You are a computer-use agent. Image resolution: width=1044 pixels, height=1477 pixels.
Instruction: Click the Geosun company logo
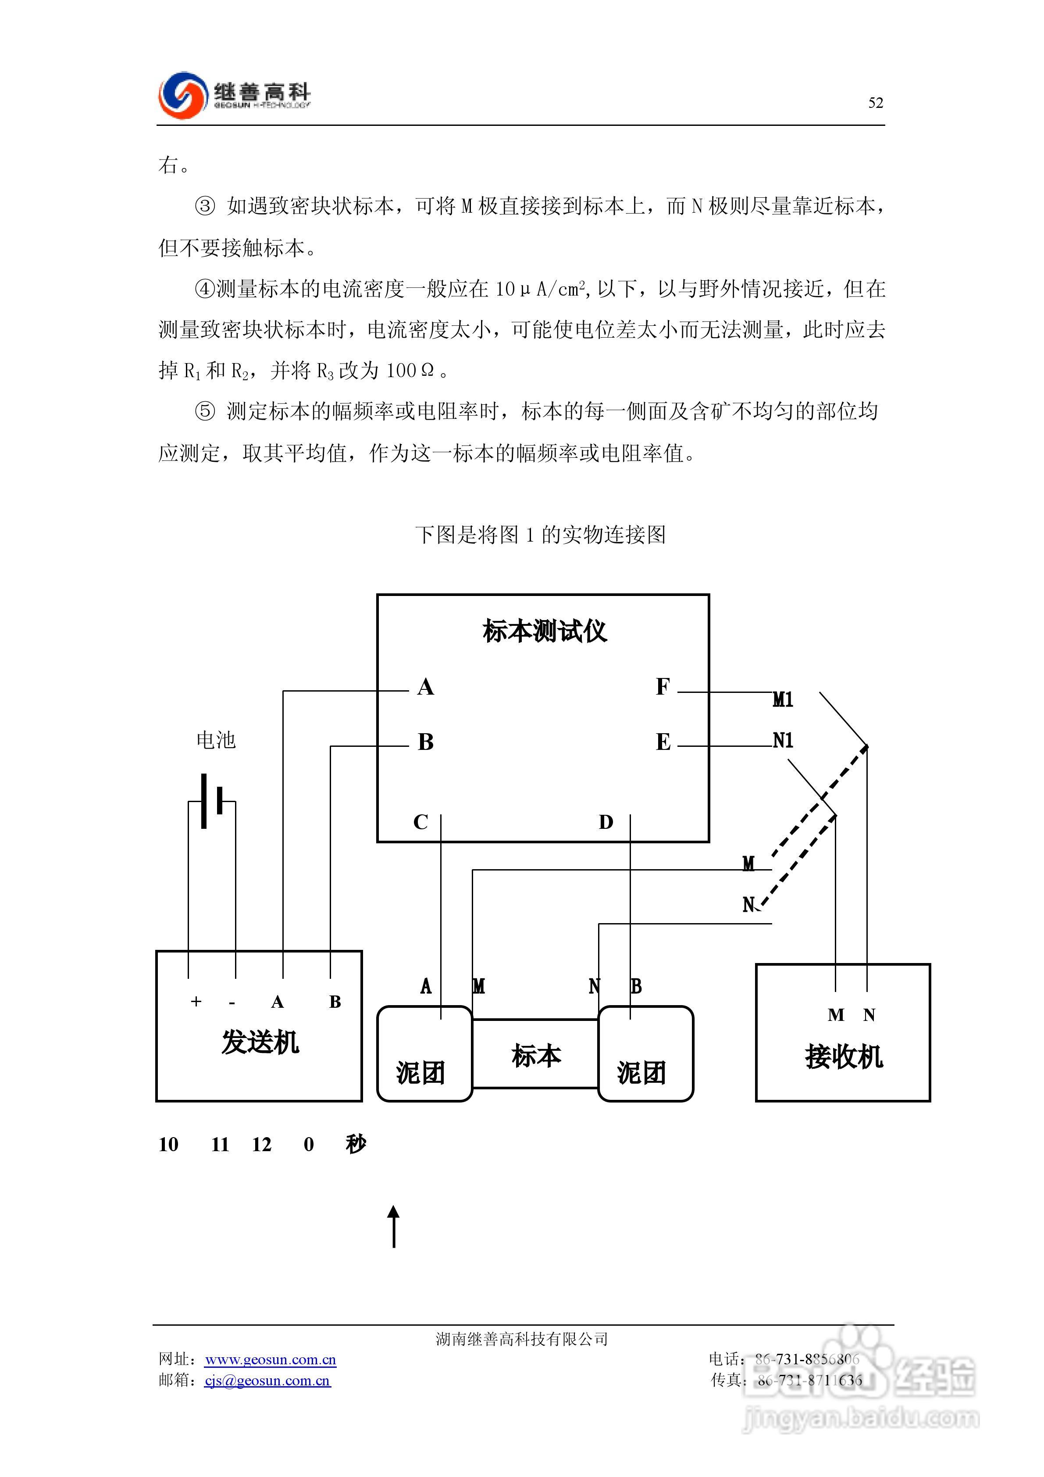(234, 95)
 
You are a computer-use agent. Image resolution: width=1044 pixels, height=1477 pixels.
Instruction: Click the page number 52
(876, 103)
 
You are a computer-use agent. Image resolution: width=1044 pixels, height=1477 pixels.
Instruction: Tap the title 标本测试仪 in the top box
(544, 631)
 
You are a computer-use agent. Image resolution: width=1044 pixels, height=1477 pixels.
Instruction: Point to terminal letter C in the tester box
(420, 822)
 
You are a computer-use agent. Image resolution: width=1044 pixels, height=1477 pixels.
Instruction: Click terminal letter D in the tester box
(606, 822)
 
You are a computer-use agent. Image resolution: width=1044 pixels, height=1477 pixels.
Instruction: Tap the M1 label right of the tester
(783, 699)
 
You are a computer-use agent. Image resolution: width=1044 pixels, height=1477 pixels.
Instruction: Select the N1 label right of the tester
(783, 740)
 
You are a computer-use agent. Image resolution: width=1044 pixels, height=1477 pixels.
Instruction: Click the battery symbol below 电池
(212, 802)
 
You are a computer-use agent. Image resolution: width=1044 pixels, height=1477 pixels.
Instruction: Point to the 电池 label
(216, 740)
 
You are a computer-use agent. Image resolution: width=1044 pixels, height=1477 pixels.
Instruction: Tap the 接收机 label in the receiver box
(843, 1057)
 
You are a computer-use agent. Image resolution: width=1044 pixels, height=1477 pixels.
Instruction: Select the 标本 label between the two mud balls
(536, 1056)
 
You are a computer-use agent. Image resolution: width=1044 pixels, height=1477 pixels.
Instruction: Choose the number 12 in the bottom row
(261, 1145)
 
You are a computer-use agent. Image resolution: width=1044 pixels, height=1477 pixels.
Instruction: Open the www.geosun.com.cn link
(270, 1359)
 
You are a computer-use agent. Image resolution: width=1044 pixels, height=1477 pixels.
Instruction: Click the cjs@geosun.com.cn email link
(267, 1381)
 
